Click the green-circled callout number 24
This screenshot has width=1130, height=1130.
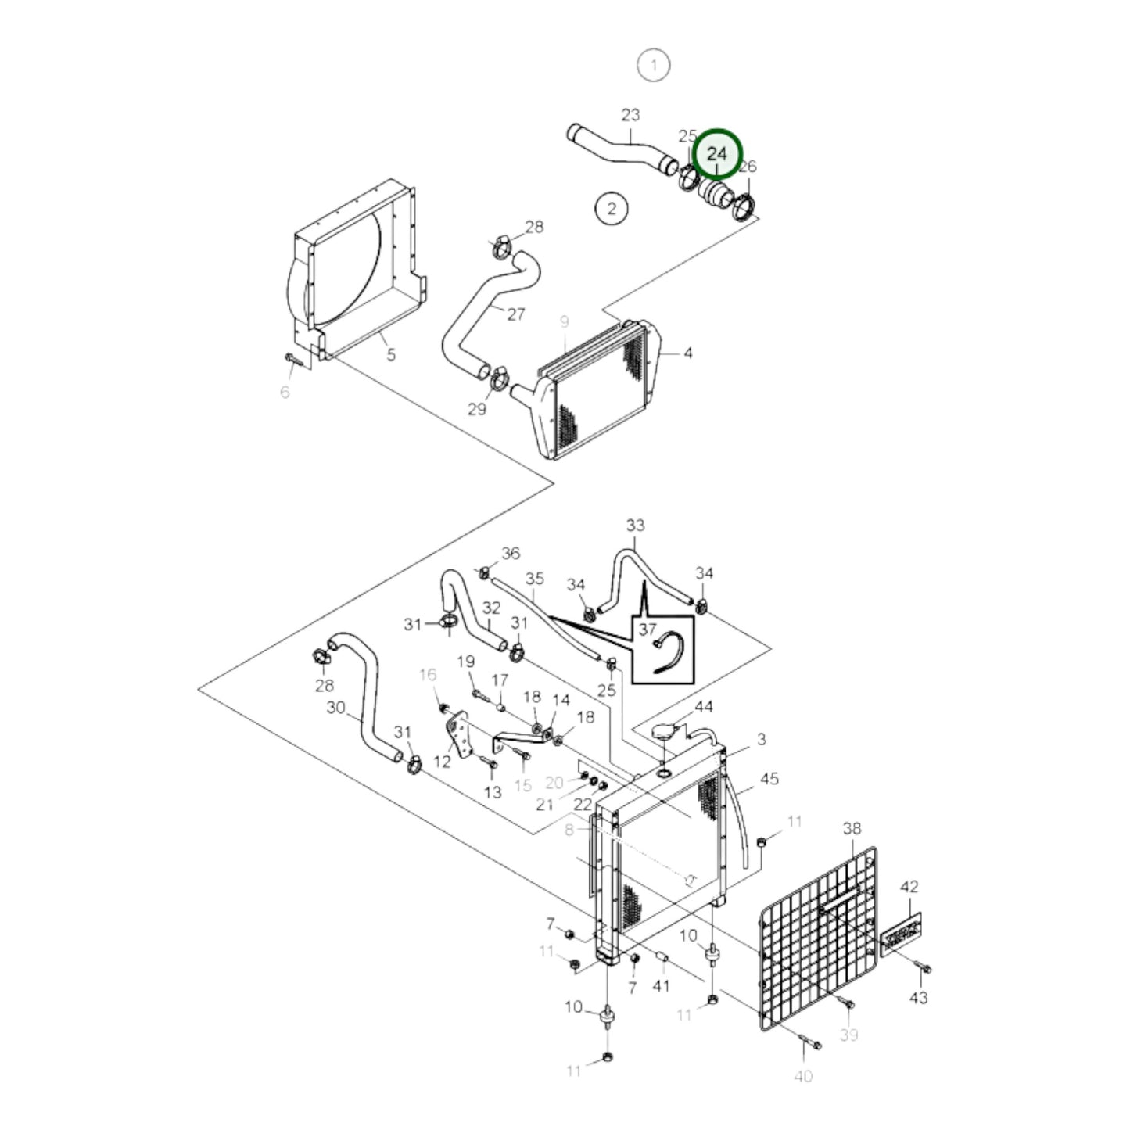pyautogui.click(x=716, y=155)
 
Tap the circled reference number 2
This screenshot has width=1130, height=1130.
pyautogui.click(x=611, y=209)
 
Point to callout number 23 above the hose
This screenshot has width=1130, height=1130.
pyautogui.click(x=630, y=115)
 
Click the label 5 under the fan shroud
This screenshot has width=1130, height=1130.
pyautogui.click(x=391, y=355)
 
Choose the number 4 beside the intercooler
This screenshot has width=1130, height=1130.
pyautogui.click(x=687, y=353)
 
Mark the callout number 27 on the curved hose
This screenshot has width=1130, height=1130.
pyautogui.click(x=515, y=314)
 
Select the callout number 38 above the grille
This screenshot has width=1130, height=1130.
pyautogui.click(x=852, y=828)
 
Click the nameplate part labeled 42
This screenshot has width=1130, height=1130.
pyautogui.click(x=902, y=934)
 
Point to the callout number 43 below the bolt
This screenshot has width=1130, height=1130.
pyautogui.click(x=918, y=998)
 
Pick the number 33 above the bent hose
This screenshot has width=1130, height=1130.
pyautogui.click(x=635, y=525)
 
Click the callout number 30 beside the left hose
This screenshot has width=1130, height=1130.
pyautogui.click(x=335, y=708)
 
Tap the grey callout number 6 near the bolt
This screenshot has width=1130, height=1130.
pyautogui.click(x=285, y=392)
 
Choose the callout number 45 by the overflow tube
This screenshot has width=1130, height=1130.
pyautogui.click(x=769, y=779)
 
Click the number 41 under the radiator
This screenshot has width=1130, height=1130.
pyautogui.click(x=661, y=986)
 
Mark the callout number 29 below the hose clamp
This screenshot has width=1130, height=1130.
pyautogui.click(x=476, y=409)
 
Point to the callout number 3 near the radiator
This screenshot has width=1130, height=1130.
pyautogui.click(x=761, y=739)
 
